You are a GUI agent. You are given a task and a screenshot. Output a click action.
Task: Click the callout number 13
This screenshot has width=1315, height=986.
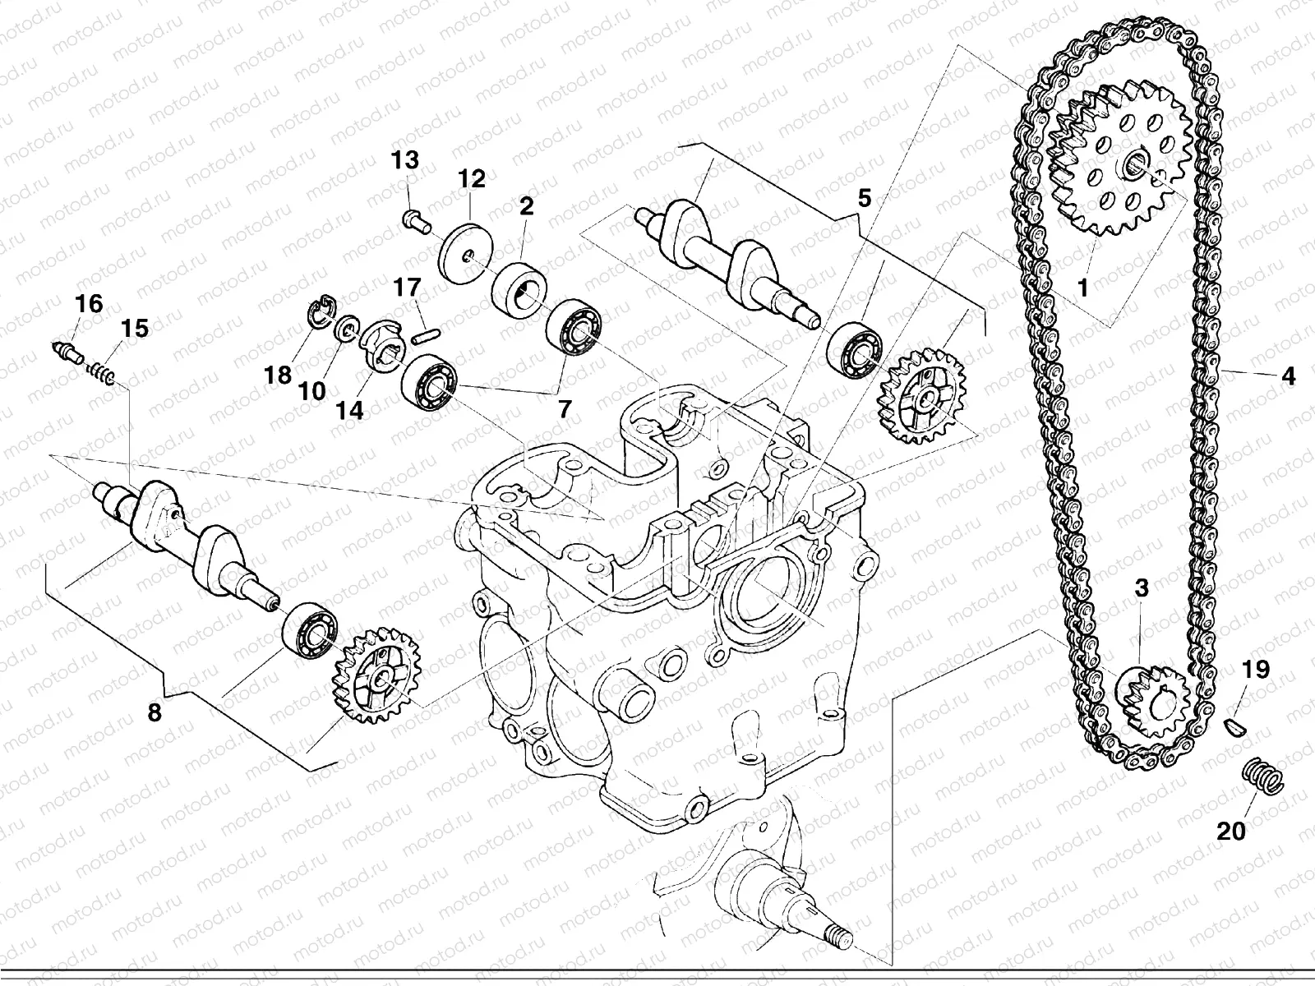click(x=405, y=160)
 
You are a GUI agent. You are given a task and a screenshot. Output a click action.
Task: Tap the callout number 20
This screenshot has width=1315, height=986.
click(x=1231, y=831)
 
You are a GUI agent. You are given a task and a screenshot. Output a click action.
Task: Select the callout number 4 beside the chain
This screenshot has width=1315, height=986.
click(x=1287, y=376)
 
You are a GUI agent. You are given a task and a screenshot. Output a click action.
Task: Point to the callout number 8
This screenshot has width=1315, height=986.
click(x=155, y=712)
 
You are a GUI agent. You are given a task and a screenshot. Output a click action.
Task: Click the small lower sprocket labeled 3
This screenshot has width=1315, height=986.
click(x=1152, y=689)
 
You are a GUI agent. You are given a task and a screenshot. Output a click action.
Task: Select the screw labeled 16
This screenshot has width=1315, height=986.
click(x=65, y=351)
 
